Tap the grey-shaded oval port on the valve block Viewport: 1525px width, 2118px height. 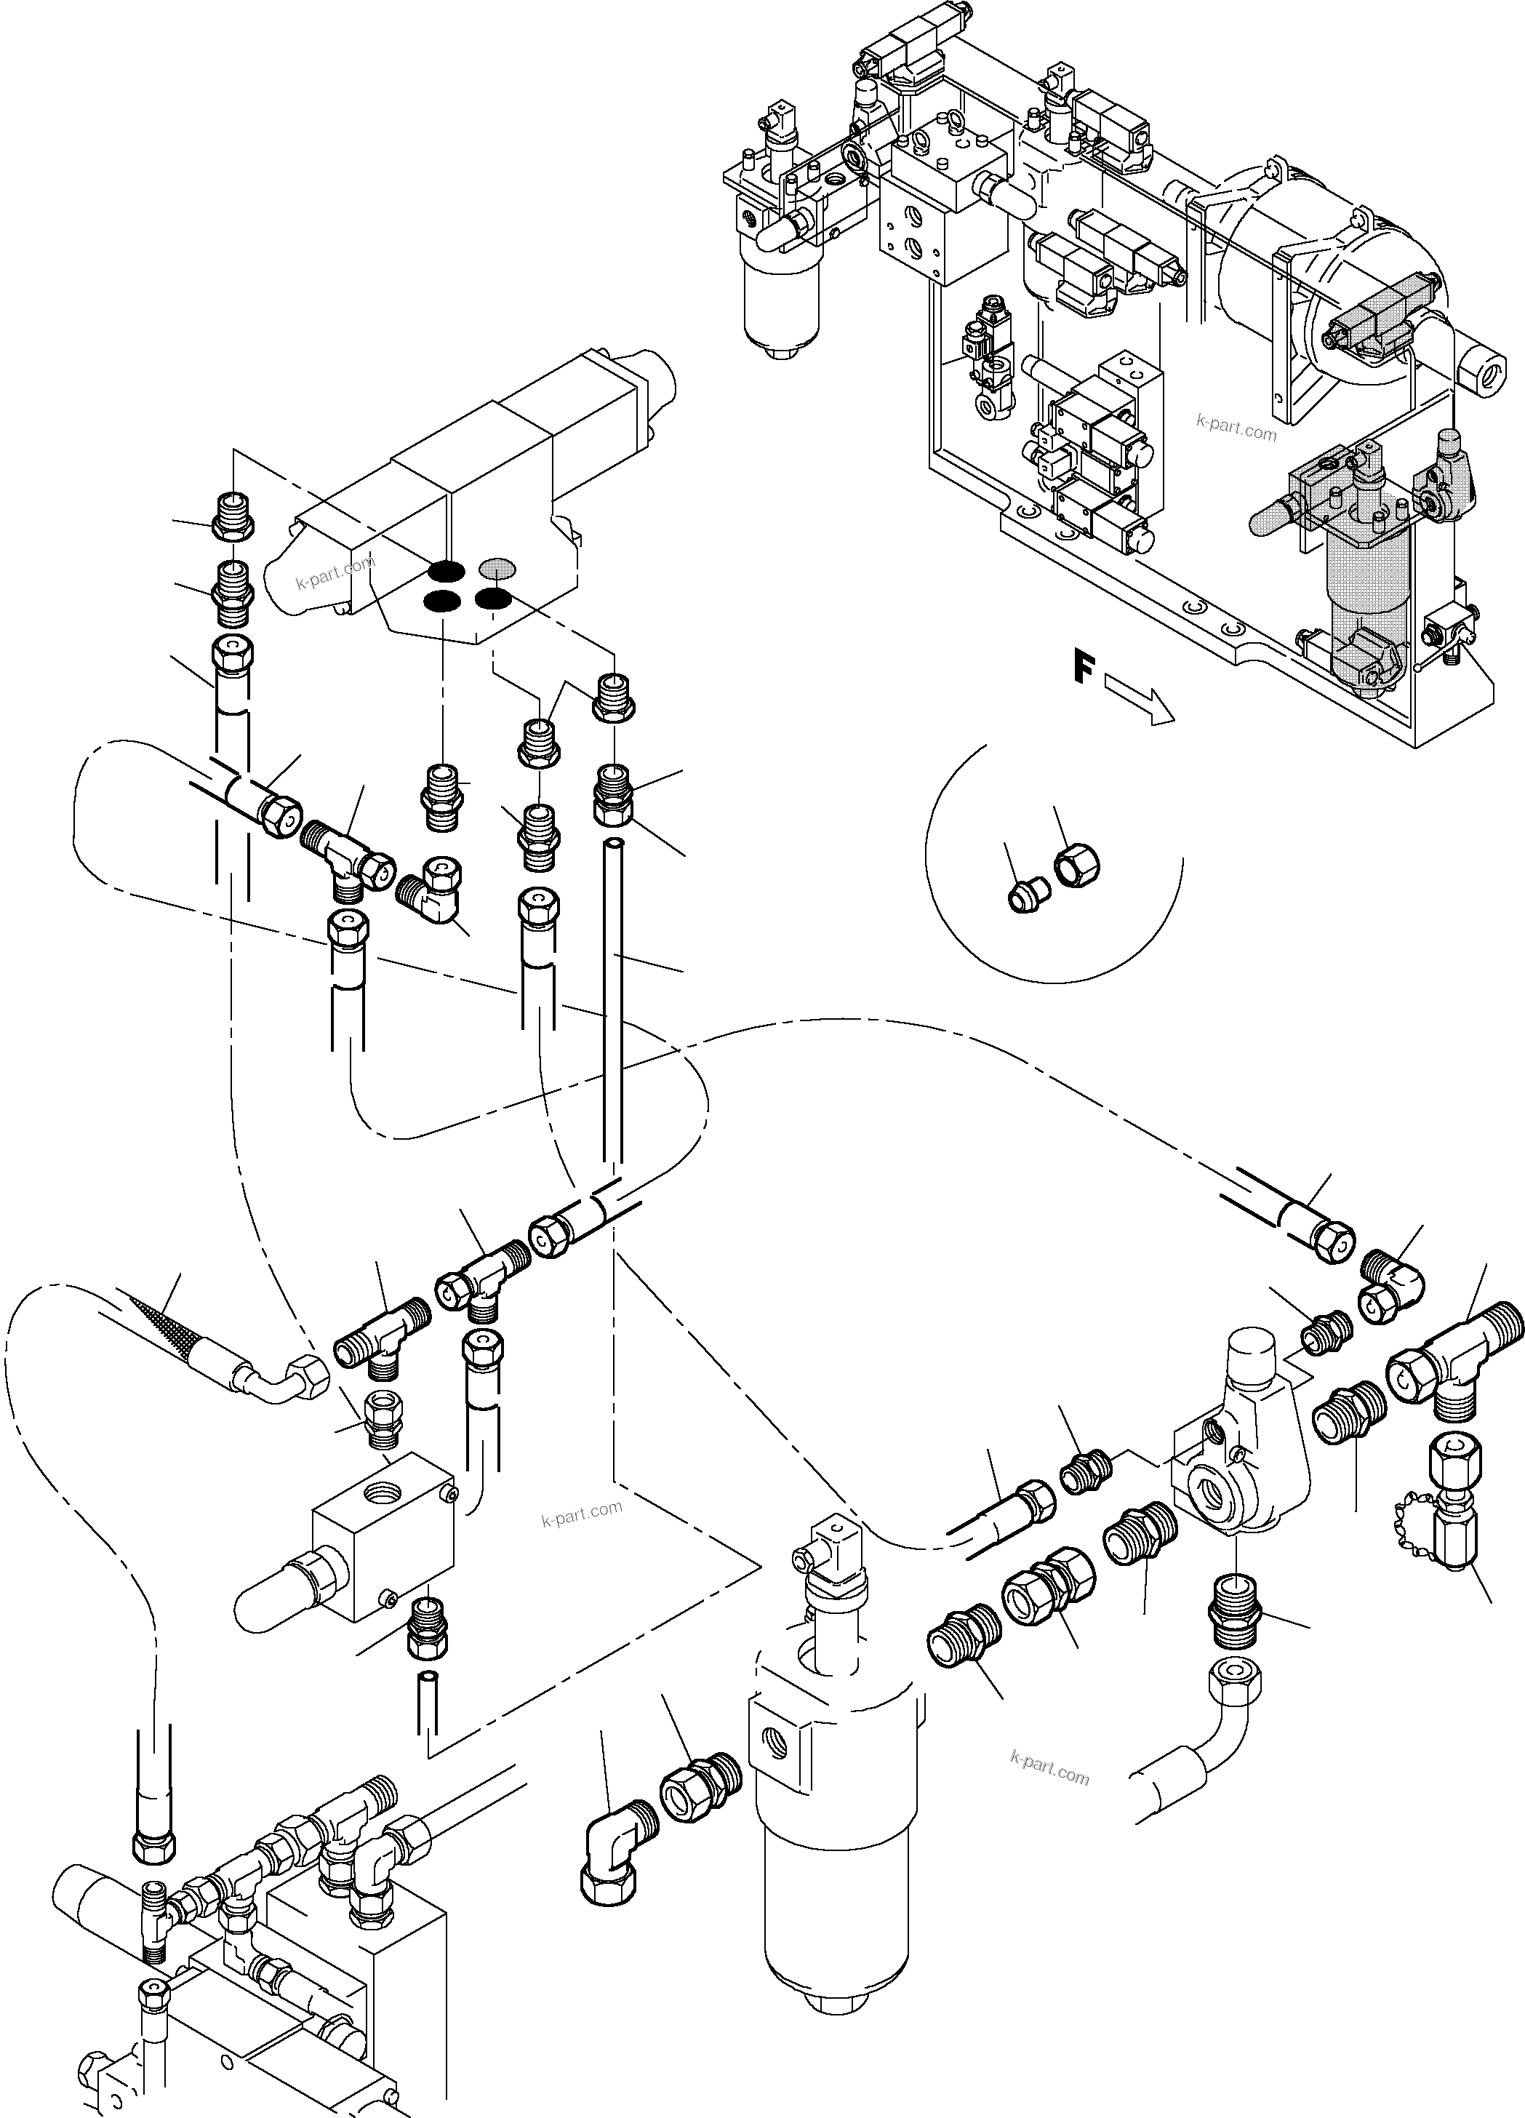coord(497,567)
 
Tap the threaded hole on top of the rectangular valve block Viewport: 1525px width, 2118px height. coord(382,1492)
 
